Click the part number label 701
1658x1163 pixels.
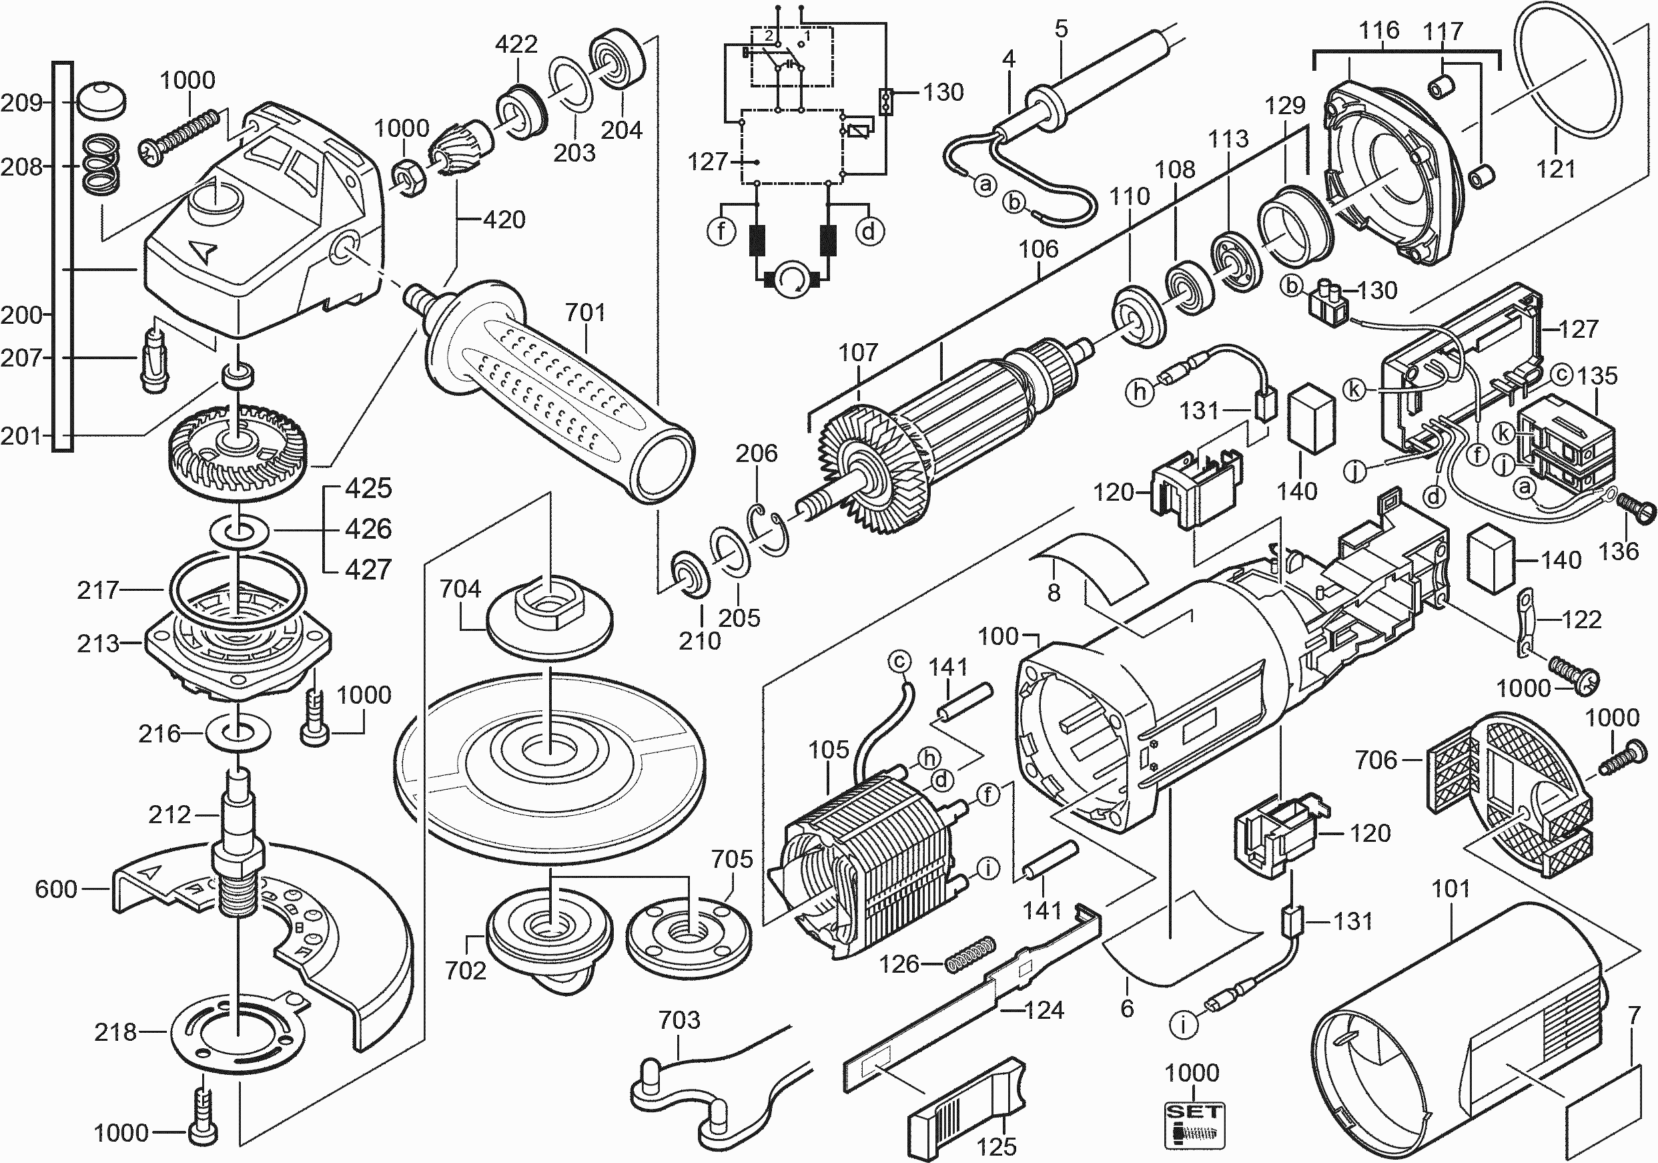(585, 313)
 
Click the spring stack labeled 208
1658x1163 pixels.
(100, 166)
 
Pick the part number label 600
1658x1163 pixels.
(55, 889)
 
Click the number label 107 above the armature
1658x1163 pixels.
(858, 353)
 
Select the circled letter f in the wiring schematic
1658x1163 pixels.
(721, 231)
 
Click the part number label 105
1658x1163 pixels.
(828, 750)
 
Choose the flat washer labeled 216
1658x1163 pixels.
(238, 734)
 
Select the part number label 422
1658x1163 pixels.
(516, 44)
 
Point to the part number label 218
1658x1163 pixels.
(115, 1032)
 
